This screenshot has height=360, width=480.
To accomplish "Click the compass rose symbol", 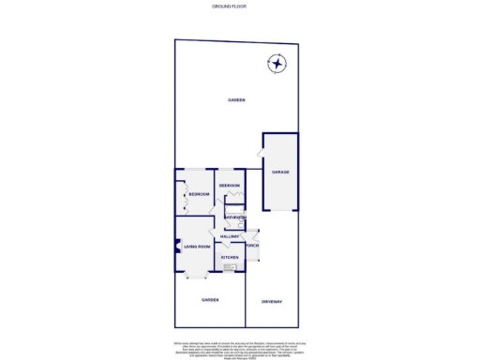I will pyautogui.click(x=277, y=64).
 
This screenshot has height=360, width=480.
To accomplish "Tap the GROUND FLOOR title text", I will pyautogui.click(x=239, y=6).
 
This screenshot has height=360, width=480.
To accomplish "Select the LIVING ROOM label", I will pyautogui.click(x=197, y=247).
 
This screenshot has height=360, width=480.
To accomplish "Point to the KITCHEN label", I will pyautogui.click(x=230, y=257).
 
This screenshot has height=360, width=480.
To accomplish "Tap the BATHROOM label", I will pyautogui.click(x=234, y=217).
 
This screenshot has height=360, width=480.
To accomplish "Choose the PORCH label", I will pyautogui.click(x=252, y=246).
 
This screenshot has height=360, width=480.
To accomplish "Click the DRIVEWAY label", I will pyautogui.click(x=272, y=300).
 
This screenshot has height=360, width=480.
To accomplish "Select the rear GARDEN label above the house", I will pyautogui.click(x=237, y=99).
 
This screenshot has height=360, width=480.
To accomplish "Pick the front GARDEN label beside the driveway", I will pyautogui.click(x=209, y=300).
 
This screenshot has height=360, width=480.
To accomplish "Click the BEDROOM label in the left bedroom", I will pyautogui.click(x=198, y=194).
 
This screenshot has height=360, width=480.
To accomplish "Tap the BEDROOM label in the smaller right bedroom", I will pyautogui.click(x=230, y=186).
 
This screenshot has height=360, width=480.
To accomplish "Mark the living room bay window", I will pyautogui.click(x=195, y=276).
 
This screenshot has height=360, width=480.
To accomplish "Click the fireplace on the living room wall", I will pyautogui.click(x=176, y=247).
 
